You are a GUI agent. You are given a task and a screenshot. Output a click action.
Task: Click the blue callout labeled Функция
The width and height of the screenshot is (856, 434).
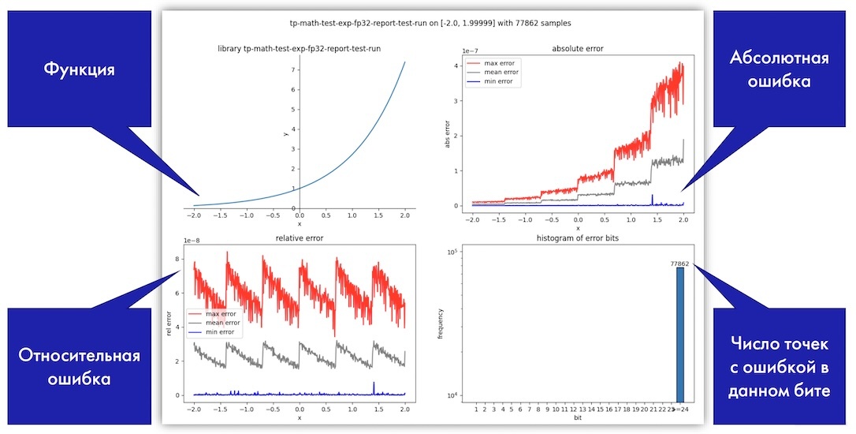tap(79, 69)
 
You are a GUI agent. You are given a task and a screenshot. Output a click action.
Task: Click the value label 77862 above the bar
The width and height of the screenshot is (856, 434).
tap(679, 264)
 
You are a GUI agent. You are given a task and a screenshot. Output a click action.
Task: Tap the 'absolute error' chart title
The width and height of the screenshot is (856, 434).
tap(578, 49)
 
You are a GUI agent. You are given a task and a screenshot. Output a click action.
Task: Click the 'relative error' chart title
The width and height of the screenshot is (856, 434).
tap(300, 238)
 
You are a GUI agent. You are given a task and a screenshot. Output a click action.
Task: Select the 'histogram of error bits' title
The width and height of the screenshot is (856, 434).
tap(578, 238)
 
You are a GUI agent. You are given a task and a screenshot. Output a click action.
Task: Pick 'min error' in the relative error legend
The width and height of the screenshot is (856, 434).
tap(221, 331)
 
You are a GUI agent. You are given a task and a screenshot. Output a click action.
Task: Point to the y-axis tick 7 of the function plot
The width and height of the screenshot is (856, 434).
tap(292, 69)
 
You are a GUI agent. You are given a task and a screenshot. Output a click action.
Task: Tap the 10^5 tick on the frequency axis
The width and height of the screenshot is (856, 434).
tap(452, 252)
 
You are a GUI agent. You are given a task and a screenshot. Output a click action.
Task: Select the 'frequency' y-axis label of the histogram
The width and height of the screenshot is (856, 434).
tap(442, 324)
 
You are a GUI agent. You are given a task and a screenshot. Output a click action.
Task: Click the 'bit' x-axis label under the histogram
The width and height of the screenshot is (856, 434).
tap(578, 418)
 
